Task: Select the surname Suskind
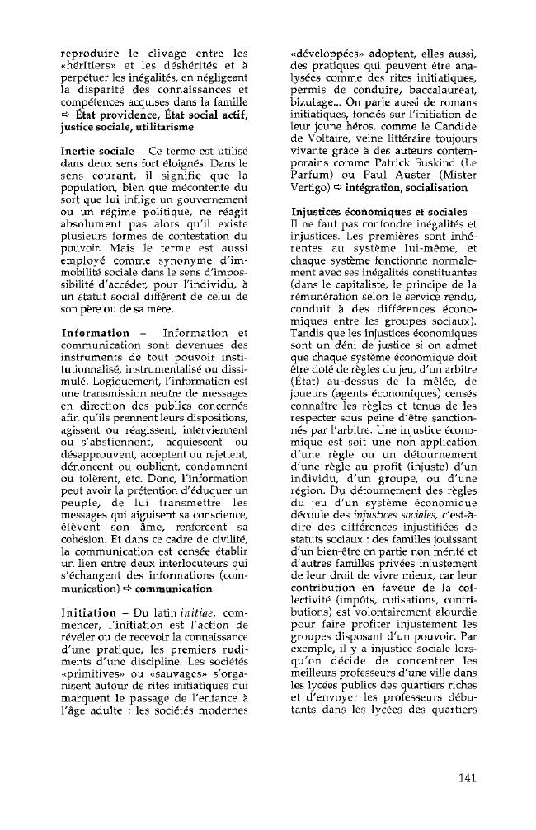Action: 436,165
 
